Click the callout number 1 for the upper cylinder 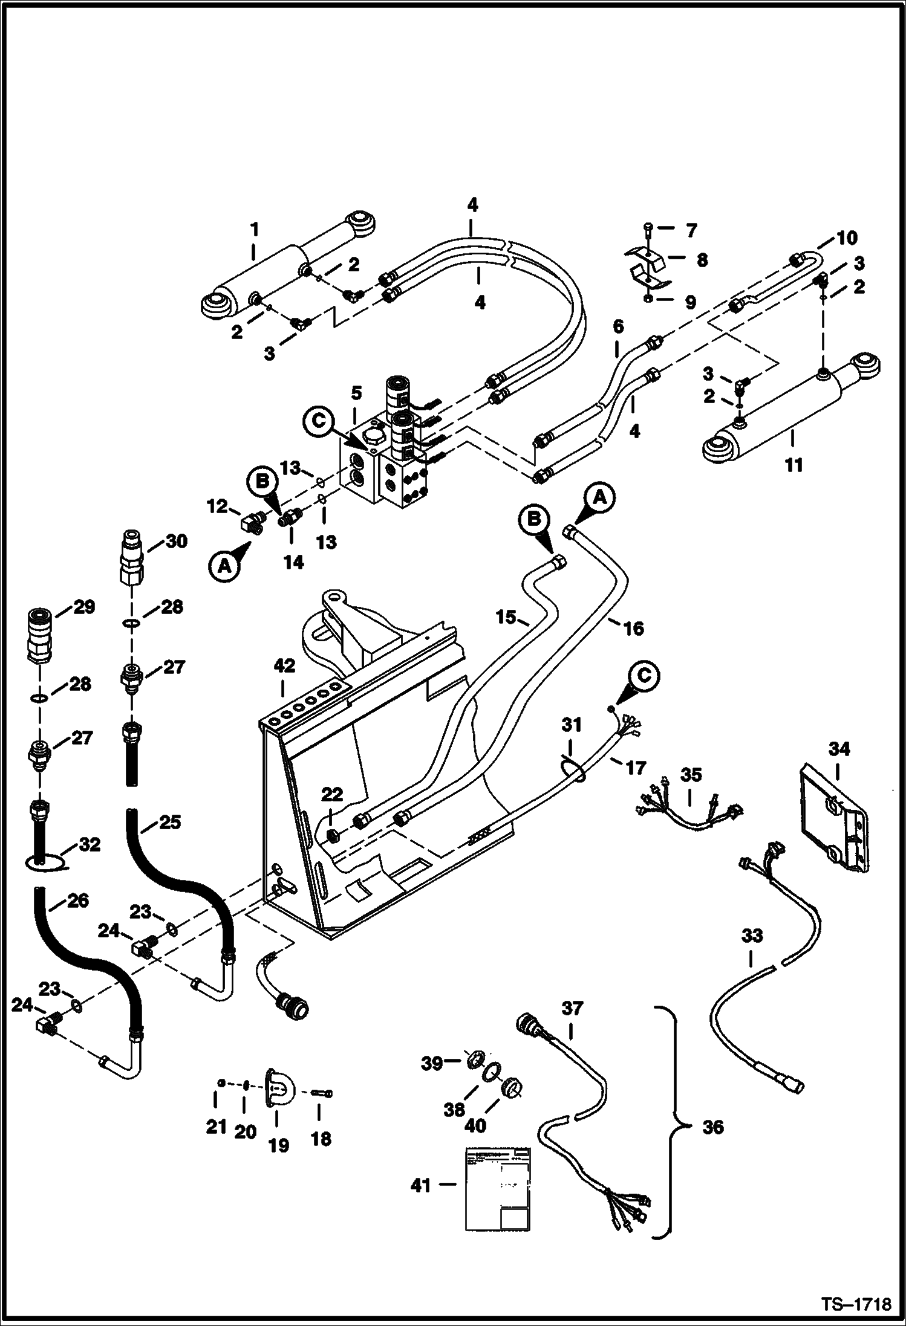pyautogui.click(x=255, y=230)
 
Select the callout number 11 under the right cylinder pyautogui.click(x=794, y=465)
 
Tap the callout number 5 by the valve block pyautogui.click(x=356, y=393)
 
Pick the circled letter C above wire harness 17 pyautogui.click(x=644, y=676)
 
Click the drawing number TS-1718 pyautogui.click(x=855, y=1305)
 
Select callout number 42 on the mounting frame pyautogui.click(x=284, y=666)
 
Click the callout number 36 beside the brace pyautogui.click(x=713, y=1127)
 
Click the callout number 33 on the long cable pyautogui.click(x=752, y=936)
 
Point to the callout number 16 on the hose pyautogui.click(x=633, y=629)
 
